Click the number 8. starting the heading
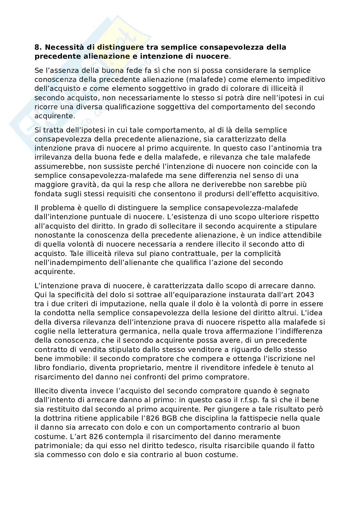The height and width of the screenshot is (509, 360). tap(38, 47)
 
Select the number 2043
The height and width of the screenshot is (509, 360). tap(305, 295)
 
